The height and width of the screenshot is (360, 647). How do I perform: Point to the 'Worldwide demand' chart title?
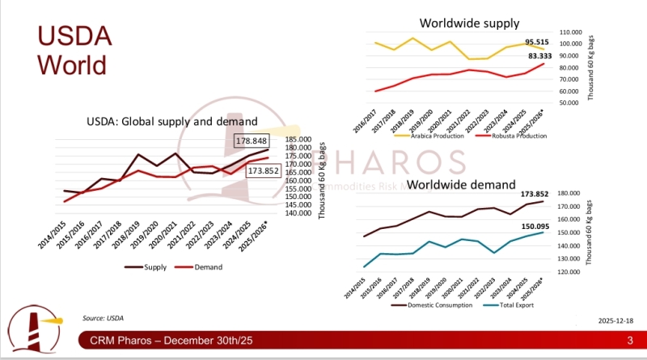point(462,184)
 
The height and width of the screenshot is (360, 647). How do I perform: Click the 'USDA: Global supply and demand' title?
point(172,121)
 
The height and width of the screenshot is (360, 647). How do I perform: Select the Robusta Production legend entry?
point(510,136)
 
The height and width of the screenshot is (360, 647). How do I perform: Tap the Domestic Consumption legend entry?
point(432,305)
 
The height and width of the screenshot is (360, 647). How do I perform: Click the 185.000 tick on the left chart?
point(296,139)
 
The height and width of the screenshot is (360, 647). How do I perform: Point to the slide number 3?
point(628,344)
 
